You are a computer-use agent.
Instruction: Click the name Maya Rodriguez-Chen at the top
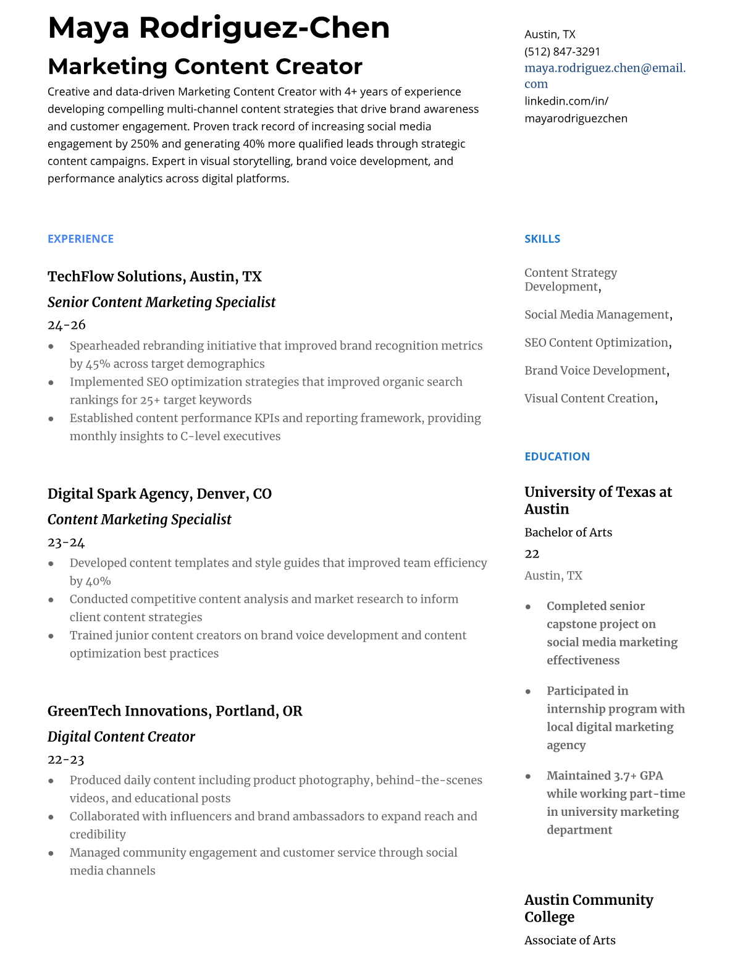[219, 28]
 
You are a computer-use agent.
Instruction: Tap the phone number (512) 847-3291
[562, 51]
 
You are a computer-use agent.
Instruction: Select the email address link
[605, 75]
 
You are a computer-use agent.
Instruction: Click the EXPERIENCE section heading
[80, 239]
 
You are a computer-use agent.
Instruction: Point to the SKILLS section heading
[542, 239]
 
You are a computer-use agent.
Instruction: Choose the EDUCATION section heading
[556, 456]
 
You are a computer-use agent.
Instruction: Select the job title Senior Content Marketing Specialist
[161, 302]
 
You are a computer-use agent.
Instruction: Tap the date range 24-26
[67, 324]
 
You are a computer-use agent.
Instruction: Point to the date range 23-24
[66, 542]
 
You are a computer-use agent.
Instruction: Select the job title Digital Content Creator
[121, 737]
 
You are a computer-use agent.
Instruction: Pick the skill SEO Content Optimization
[596, 342]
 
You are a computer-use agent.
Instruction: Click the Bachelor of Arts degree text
[568, 532]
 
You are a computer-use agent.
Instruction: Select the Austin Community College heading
[588, 908]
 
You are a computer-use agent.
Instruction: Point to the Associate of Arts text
[569, 940]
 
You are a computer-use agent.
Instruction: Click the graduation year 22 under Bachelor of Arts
[532, 554]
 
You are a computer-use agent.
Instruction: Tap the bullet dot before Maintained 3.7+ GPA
[528, 776]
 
